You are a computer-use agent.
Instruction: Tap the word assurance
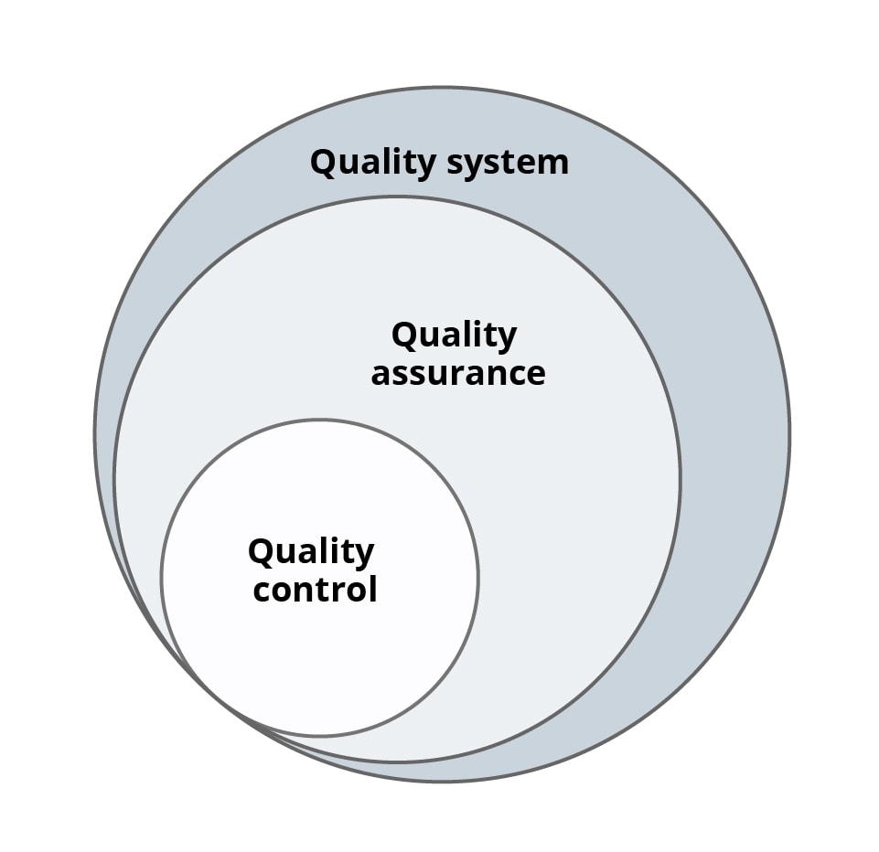pos(457,373)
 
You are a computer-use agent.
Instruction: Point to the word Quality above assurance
pos(454,336)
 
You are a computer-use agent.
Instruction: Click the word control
pos(315,589)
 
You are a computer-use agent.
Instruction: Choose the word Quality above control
pos(311,552)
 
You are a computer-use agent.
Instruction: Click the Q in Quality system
pos(323,163)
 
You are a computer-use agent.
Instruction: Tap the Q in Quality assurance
pos(403,335)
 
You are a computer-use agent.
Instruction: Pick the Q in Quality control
pos(261,551)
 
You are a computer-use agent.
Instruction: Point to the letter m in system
pos(554,164)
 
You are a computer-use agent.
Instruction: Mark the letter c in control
pos(263,590)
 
